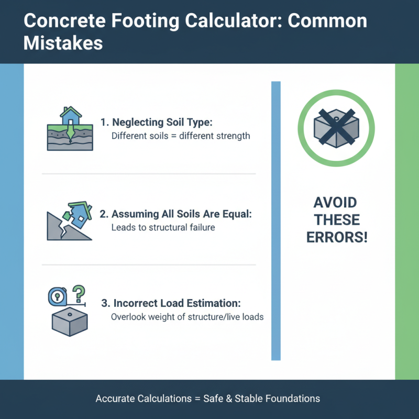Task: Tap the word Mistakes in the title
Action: click(x=63, y=42)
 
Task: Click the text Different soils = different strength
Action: click(x=181, y=136)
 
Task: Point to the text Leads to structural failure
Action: click(x=163, y=228)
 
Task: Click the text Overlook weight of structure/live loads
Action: click(x=188, y=317)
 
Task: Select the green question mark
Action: click(x=79, y=291)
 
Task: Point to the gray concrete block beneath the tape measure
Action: click(x=69, y=321)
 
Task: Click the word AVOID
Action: click(x=335, y=203)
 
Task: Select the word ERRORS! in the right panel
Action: click(x=335, y=237)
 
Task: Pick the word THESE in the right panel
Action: click(x=335, y=220)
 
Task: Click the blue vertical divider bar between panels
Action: click(x=276, y=220)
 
